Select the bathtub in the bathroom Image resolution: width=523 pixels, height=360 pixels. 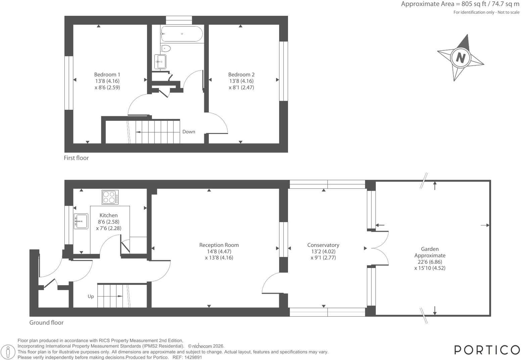(x=182, y=34)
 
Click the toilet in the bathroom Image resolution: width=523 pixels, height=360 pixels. (x=166, y=49)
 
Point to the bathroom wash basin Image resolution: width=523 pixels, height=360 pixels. (x=160, y=62)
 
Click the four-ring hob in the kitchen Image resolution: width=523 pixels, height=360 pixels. (x=110, y=197)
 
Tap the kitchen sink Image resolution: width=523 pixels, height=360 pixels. (x=81, y=221)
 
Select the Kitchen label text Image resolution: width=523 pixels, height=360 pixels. (x=108, y=215)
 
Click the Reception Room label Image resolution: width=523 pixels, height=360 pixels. (x=219, y=245)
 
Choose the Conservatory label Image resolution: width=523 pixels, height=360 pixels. (x=323, y=245)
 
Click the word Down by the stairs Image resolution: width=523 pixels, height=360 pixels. (x=189, y=132)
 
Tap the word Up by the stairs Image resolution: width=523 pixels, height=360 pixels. (x=91, y=297)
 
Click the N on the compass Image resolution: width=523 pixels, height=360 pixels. (x=461, y=57)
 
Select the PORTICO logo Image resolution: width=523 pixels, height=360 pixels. (x=487, y=350)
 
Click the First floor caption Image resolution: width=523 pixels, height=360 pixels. (x=76, y=158)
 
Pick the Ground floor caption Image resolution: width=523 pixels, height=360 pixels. (x=46, y=323)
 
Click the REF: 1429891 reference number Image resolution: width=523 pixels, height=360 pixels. (x=187, y=357)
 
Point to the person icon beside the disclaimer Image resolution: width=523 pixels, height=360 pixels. (x=8, y=352)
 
